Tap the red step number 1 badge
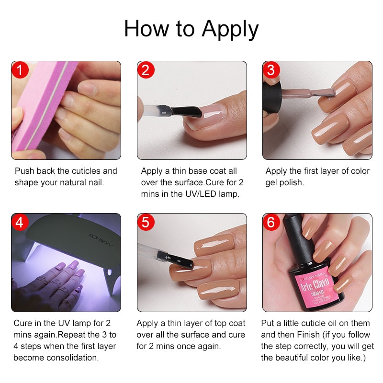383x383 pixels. click(x=20, y=70)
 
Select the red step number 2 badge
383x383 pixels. click(x=146, y=70)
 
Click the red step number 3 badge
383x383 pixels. click(x=271, y=70)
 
